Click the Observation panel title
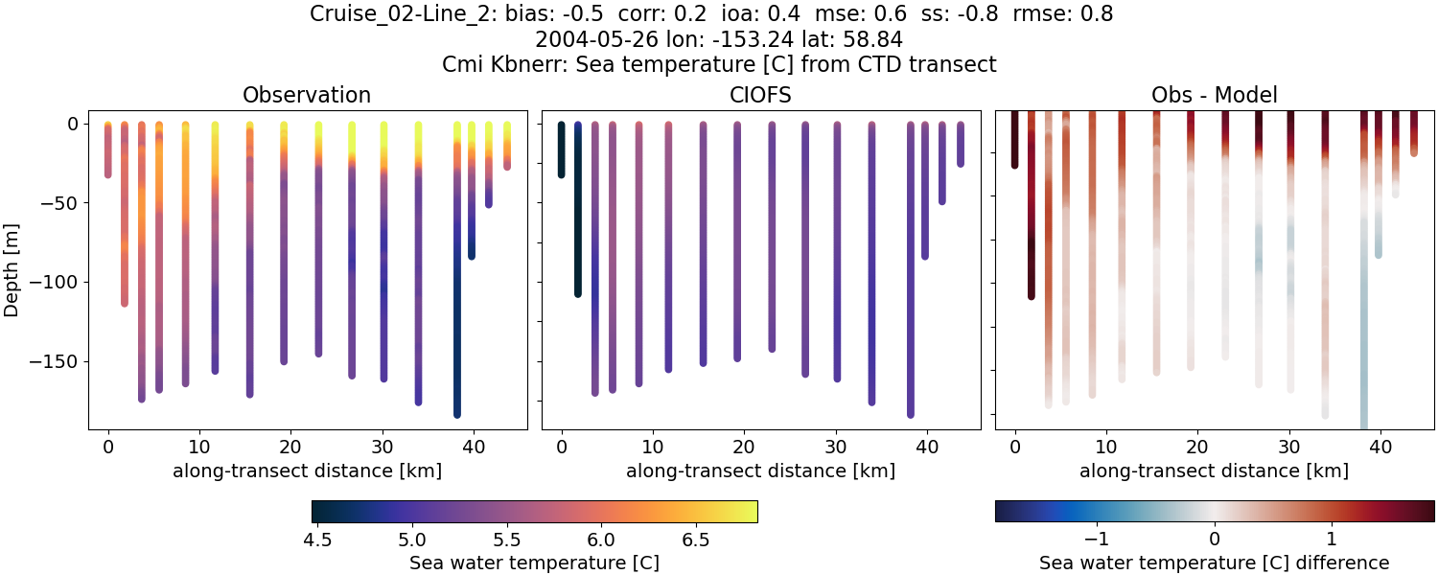point(307,95)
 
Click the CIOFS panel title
point(760,95)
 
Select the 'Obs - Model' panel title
point(1214,95)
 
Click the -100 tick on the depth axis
point(61,283)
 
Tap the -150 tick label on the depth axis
point(61,362)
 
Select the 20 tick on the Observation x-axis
point(290,446)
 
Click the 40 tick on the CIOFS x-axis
point(927,446)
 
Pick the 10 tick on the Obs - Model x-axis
point(1106,446)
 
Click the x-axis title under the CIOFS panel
point(760,471)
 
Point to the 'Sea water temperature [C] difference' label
point(1214,563)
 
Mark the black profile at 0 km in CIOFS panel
point(561,149)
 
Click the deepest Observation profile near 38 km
point(457,287)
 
